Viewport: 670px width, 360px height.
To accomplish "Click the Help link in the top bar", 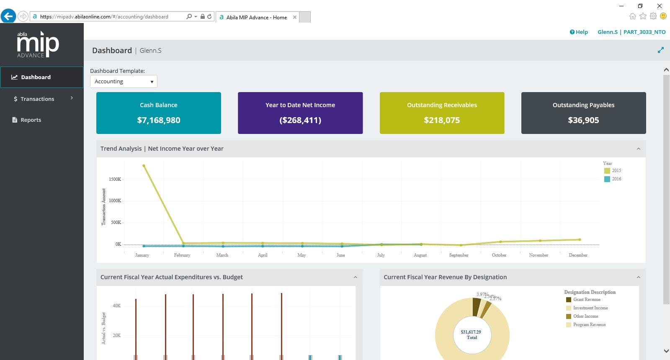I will point(579,32).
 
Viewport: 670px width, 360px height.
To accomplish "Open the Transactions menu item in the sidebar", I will point(37,99).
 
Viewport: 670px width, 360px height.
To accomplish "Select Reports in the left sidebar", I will point(31,120).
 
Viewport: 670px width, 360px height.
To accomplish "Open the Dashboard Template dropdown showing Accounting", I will point(124,81).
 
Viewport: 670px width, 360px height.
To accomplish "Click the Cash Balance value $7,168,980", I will point(159,120).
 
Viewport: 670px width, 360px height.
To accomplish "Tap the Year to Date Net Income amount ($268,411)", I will point(300,120).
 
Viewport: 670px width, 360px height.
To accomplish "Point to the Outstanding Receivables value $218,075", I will point(442,120).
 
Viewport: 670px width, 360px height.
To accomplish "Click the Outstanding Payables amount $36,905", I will point(583,120).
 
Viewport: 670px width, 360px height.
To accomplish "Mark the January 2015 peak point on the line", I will point(144,166).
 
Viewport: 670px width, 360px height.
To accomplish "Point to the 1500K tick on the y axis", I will point(115,179).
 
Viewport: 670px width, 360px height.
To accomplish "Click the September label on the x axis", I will point(459,255).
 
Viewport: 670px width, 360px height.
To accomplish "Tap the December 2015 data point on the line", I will point(580,239).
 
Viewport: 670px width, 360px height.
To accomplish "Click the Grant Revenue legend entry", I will point(586,299).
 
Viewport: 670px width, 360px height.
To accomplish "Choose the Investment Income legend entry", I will point(590,308).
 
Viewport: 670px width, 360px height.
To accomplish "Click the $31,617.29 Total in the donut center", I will point(471,334).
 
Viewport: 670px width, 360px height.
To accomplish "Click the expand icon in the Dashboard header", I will point(661,50).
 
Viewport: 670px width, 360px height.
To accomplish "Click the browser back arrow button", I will point(8,16).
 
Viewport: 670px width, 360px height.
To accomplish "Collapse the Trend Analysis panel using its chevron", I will point(638,149).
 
